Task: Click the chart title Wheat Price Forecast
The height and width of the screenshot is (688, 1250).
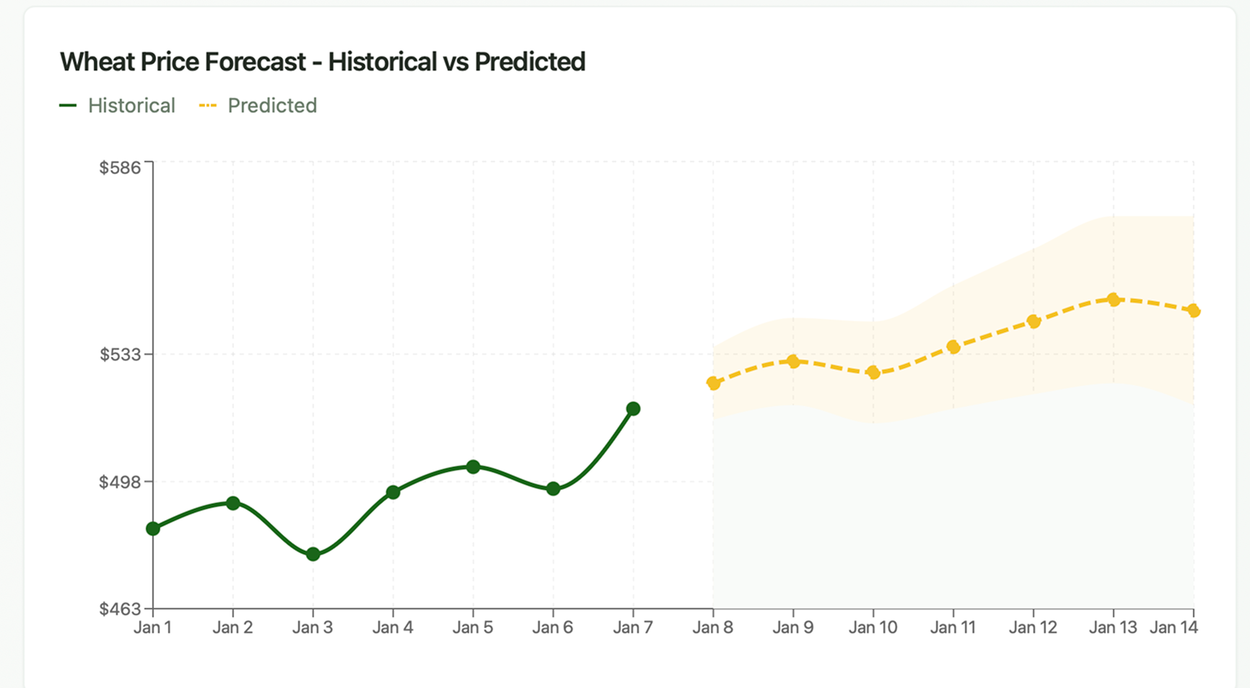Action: (x=322, y=62)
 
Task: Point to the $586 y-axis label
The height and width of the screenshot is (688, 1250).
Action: (x=120, y=168)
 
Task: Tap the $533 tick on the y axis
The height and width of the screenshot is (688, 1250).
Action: (x=120, y=355)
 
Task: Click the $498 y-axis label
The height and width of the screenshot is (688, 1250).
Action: (x=120, y=482)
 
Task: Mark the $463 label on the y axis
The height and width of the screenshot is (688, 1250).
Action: (x=120, y=609)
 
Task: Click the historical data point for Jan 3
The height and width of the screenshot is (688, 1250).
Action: (x=313, y=555)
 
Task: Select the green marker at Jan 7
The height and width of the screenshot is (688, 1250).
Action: (x=633, y=409)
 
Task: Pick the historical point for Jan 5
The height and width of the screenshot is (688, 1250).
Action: (x=473, y=467)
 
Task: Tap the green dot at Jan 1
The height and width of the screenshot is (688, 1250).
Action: (x=153, y=529)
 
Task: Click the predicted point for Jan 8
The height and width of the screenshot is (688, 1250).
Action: (x=713, y=384)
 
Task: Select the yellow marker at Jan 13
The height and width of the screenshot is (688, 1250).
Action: (x=1114, y=299)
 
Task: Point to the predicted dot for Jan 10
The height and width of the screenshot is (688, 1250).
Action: (x=873, y=373)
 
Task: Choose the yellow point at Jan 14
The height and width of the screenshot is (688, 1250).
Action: (x=1194, y=311)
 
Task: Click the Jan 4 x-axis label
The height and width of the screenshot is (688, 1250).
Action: (x=393, y=628)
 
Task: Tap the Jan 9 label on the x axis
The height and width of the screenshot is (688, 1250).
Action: (x=792, y=628)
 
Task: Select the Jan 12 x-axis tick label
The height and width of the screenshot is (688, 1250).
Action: (x=1033, y=628)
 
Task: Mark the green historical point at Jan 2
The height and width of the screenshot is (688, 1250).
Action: (x=233, y=503)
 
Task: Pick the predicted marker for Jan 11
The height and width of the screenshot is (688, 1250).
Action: (x=953, y=348)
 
